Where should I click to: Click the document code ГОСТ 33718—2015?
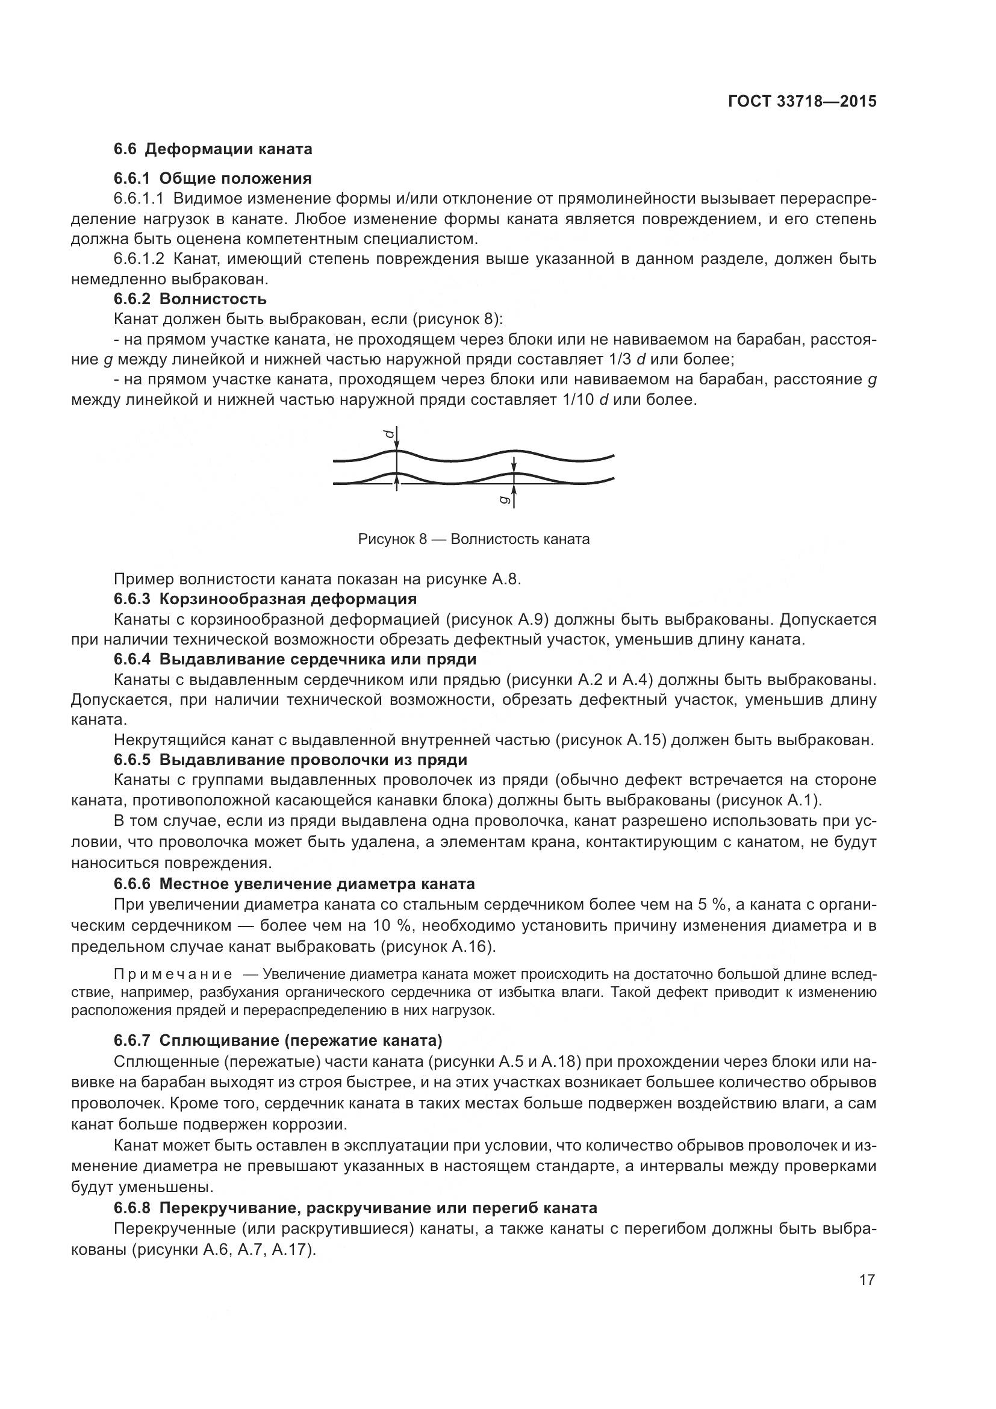(x=801, y=101)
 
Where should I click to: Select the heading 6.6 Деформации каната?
(x=213, y=149)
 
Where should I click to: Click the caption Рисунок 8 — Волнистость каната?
(x=473, y=539)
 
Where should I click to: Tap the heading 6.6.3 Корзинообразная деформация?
(x=265, y=598)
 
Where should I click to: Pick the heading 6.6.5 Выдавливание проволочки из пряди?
(x=290, y=760)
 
